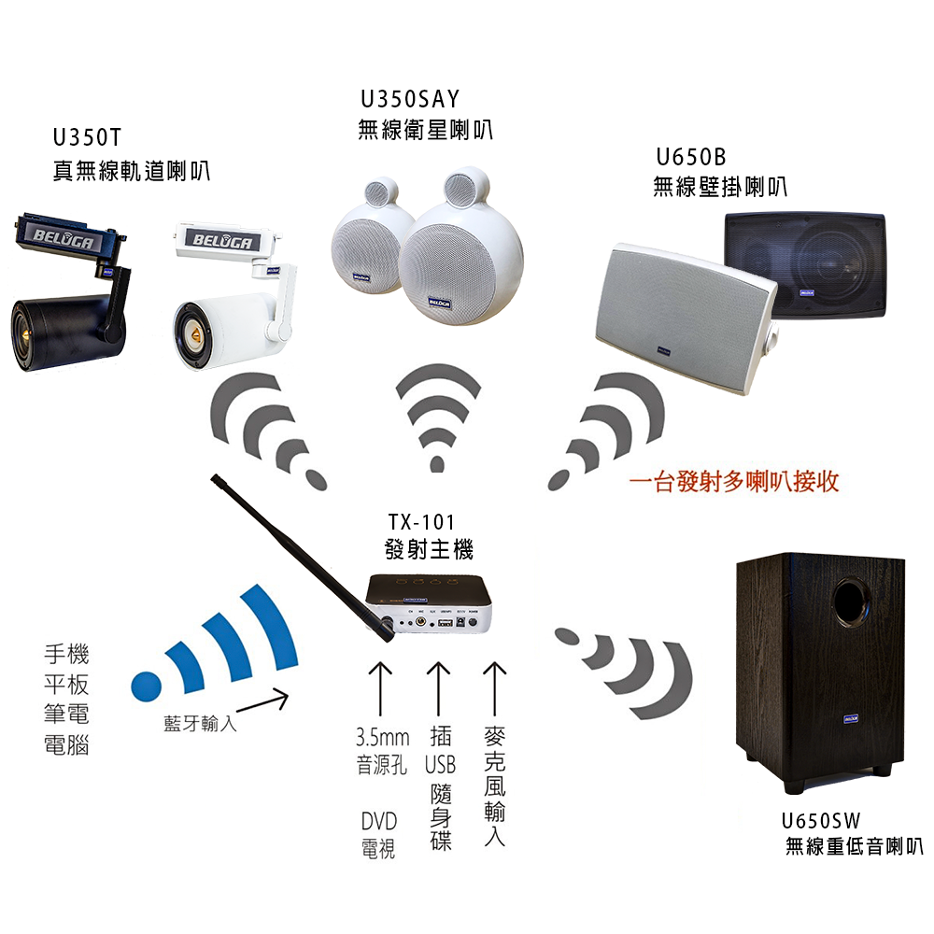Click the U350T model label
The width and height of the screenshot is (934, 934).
point(87,137)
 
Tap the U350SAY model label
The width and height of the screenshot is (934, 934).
point(410,99)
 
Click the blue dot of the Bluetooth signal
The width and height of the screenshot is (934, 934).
point(147,686)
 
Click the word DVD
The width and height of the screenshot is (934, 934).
point(379,821)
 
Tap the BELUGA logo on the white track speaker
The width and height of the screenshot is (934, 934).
point(222,240)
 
